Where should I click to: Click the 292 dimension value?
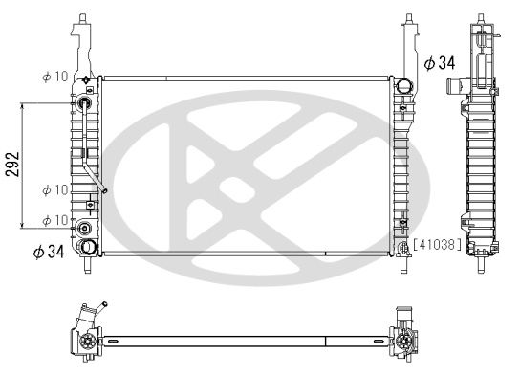tap(11, 165)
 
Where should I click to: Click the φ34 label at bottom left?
tap(47, 253)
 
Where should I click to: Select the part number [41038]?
tap(437, 245)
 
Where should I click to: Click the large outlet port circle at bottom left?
tap(88, 248)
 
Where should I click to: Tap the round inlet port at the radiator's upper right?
tap(404, 86)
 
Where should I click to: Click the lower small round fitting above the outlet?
tap(85, 229)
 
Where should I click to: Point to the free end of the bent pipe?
tap(104, 190)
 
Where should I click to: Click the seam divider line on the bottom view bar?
tap(326, 341)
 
